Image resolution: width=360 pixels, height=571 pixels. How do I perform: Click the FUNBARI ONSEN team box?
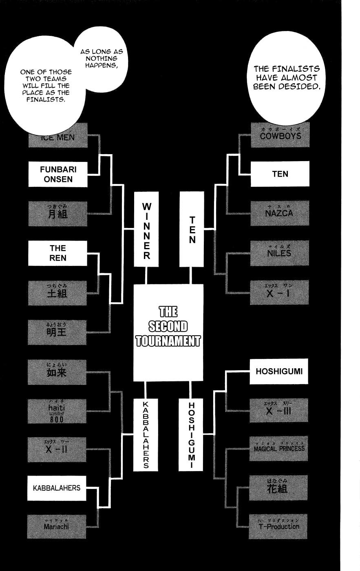tap(58, 174)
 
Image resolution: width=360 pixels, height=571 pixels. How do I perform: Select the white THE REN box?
tap(58, 253)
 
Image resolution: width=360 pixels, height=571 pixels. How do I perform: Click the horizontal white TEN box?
tap(280, 174)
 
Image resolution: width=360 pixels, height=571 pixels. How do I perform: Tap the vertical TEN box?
tap(192, 229)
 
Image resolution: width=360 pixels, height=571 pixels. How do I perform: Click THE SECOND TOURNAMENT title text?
tap(168, 327)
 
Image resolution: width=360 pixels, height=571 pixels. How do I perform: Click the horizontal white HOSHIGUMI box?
tap(279, 372)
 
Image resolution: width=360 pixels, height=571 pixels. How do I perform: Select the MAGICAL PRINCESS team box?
tap(279, 449)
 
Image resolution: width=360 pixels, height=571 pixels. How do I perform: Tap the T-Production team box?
tap(279, 526)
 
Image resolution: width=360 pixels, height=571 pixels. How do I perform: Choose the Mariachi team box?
tap(57, 526)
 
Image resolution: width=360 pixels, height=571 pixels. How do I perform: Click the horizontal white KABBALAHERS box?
tap(57, 488)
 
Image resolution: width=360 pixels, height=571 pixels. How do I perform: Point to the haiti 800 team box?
tap(57, 411)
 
